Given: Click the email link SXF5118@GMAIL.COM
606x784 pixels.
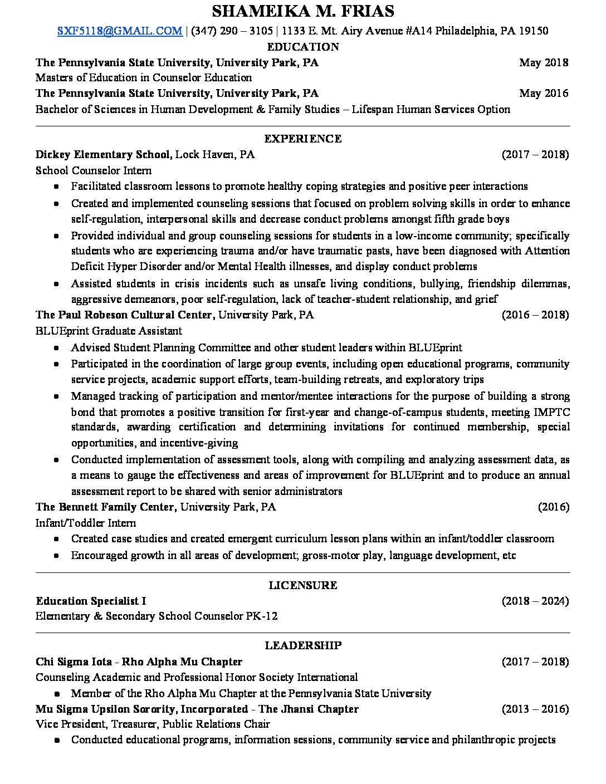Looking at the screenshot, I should (120, 31).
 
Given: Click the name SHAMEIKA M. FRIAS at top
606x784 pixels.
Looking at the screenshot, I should (303, 11).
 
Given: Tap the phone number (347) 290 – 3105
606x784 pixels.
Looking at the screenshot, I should (232, 31).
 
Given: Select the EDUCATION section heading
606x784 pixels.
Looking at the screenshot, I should (303, 47).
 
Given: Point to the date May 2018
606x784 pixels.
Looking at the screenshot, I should (544, 62).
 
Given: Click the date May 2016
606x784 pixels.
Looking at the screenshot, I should (544, 93).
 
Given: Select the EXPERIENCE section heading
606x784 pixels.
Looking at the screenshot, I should (303, 139).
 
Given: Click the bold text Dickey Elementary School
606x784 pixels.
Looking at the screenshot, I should (104, 154).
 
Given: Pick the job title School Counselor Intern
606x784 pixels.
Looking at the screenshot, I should (94, 170).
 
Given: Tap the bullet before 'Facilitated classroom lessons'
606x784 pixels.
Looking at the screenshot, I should (57, 187).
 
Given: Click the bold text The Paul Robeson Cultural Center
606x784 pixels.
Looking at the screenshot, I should (124, 315).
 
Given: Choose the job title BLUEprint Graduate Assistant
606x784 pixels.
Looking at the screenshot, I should (109, 331).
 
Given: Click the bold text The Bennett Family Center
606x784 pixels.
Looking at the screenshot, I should (106, 507).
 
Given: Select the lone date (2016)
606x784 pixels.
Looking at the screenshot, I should (553, 507).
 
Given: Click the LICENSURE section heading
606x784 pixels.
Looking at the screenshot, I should (303, 585).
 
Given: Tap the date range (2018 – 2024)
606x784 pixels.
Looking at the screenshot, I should (535, 601).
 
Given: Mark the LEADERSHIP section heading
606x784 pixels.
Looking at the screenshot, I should (303, 645).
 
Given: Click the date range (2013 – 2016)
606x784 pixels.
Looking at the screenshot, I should (535, 709).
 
